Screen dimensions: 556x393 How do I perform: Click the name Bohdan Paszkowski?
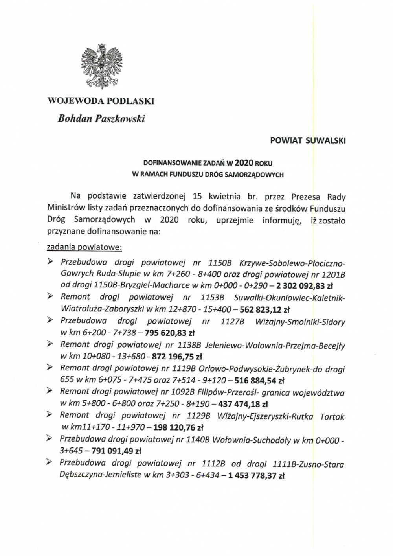[x=101, y=118]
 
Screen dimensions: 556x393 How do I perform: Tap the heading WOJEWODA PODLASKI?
[x=101, y=101]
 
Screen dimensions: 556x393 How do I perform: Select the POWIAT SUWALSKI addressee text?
[x=308, y=141]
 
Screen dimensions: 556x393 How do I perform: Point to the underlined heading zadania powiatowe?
[x=84, y=247]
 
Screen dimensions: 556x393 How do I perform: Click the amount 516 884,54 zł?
[x=259, y=380]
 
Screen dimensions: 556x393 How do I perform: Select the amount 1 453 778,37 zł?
[x=255, y=475]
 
